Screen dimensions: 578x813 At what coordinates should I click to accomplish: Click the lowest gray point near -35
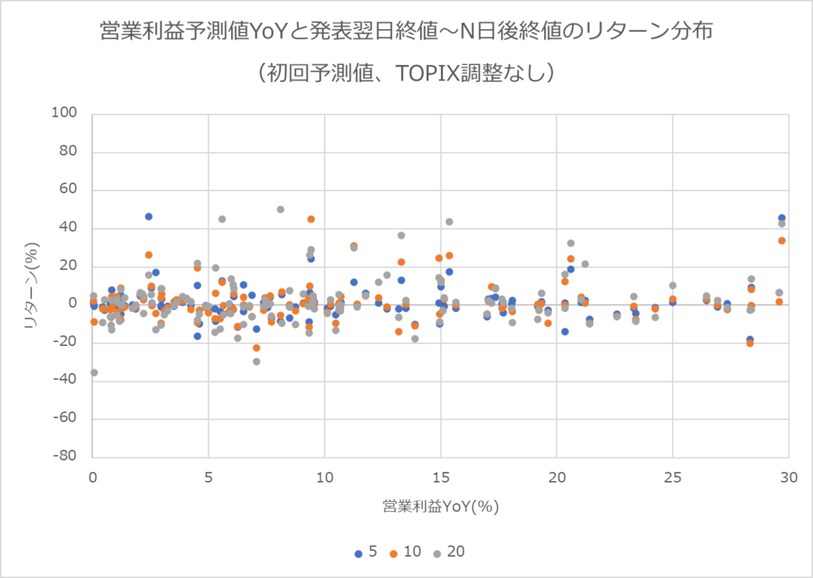click(x=94, y=372)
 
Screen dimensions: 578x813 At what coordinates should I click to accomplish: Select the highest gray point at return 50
click(x=280, y=210)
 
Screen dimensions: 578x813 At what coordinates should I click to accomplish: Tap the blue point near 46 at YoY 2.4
click(x=148, y=216)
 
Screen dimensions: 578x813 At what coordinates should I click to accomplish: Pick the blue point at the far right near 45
click(x=782, y=218)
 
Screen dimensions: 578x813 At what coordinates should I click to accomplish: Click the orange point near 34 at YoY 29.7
click(x=782, y=240)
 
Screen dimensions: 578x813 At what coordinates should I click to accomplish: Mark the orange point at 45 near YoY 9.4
click(x=311, y=219)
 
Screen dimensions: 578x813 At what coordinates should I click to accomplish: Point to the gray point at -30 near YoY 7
click(x=257, y=362)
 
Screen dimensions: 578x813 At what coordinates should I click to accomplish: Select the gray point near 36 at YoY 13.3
click(x=401, y=235)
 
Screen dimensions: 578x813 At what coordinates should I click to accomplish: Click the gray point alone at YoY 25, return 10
click(x=673, y=286)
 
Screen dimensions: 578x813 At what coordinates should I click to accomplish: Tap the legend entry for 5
click(x=366, y=552)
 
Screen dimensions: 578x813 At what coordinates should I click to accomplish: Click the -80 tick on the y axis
click(x=73, y=457)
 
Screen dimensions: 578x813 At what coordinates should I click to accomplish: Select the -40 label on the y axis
click(x=73, y=380)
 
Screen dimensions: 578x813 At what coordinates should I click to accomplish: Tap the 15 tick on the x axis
click(x=440, y=477)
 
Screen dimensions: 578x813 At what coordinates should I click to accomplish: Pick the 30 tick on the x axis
click(x=788, y=477)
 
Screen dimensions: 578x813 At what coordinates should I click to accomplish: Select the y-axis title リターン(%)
click(x=32, y=286)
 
